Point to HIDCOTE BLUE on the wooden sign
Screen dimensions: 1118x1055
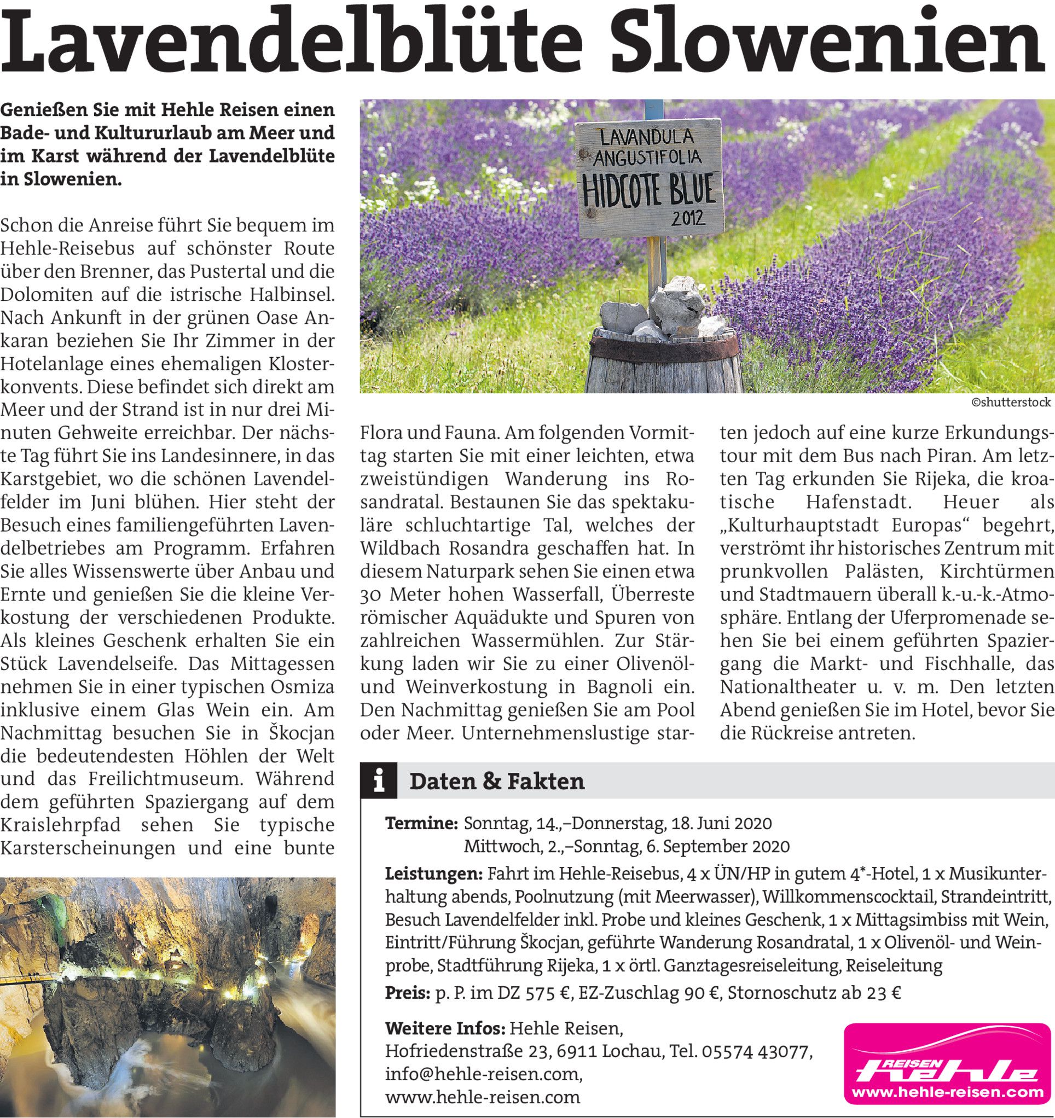tap(650, 191)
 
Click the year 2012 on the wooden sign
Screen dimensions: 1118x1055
tap(688, 218)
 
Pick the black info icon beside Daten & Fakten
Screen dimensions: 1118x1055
tap(379, 781)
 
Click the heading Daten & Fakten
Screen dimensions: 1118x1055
tap(497, 782)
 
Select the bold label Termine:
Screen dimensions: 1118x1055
tap(421, 823)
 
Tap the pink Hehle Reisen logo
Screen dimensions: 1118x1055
tap(947, 1063)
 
